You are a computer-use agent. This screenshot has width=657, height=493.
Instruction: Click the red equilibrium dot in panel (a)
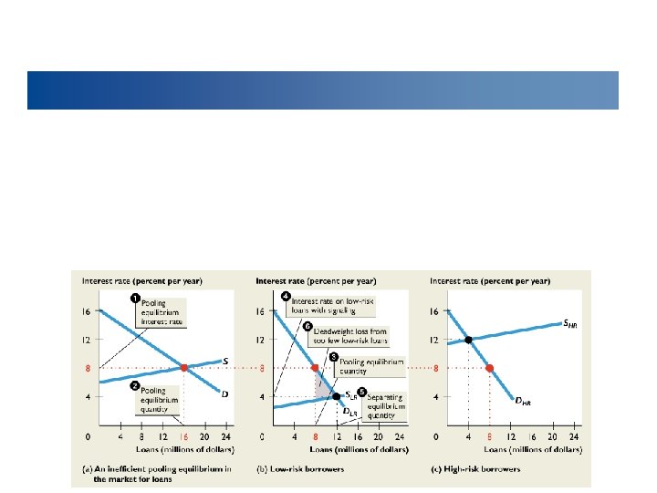(183, 368)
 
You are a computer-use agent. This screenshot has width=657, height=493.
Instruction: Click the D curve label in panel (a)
(224, 393)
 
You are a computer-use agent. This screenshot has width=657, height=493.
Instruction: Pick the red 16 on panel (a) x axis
(183, 437)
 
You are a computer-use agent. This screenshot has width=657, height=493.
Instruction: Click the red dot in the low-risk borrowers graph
(317, 368)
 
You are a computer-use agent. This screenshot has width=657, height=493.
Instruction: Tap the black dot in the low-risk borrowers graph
(337, 396)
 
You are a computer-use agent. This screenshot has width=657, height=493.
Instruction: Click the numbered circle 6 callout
(308, 325)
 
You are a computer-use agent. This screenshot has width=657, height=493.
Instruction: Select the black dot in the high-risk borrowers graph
(468, 340)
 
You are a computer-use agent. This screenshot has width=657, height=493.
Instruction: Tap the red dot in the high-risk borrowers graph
(489, 368)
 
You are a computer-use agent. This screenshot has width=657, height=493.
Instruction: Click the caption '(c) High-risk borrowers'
(475, 467)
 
